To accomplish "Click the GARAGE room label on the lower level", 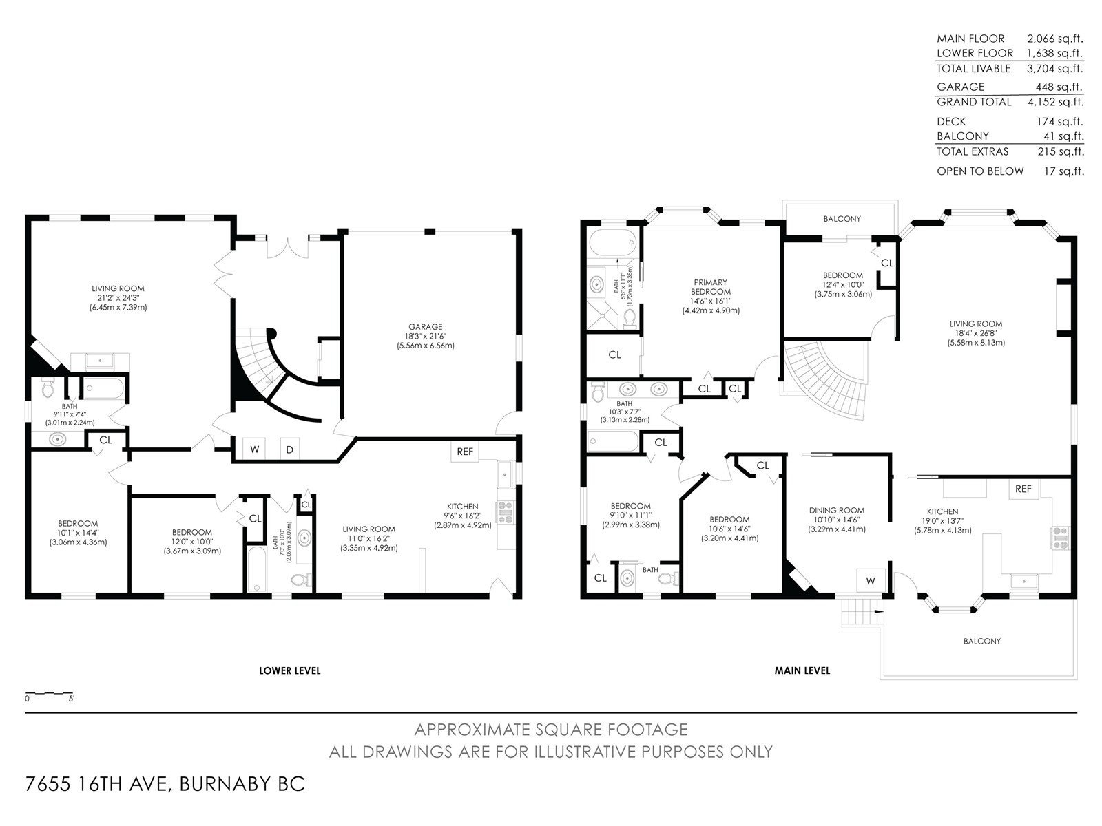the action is pos(425,326).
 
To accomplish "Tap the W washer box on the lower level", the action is pos(255,449).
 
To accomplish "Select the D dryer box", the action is pos(290,449).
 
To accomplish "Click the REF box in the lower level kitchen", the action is pos(465,452).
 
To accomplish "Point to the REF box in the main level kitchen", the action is pos(1023,489).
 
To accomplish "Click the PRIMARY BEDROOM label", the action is pos(710,287).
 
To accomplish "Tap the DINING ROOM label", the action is pos(836,511).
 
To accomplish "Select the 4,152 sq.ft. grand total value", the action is pos(1055,103).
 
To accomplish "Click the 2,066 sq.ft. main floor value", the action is pos(1055,39).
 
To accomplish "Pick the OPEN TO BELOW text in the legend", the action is pos(980,171).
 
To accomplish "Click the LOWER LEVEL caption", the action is pos(290,670).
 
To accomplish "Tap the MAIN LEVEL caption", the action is pos(802,670).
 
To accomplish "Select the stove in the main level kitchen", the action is pos(1061,538).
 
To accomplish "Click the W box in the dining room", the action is pos(871,581).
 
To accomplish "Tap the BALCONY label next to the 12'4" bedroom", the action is pos(842,219).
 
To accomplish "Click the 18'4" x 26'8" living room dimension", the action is pos(975,334).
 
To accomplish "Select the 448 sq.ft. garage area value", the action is pos(1059,87).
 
